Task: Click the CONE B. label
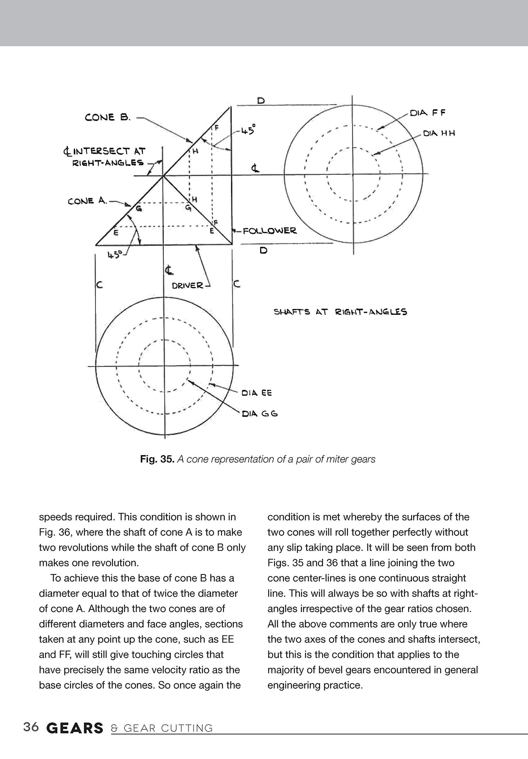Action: [x=107, y=118]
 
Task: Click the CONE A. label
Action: [x=87, y=201]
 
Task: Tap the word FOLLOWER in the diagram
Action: [x=270, y=231]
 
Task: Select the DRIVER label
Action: [x=187, y=285]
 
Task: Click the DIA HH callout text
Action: [x=439, y=134]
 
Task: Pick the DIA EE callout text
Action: [x=257, y=393]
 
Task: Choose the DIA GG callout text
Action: [x=260, y=414]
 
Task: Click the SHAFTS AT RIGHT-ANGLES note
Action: [x=340, y=312]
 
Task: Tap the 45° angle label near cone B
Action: [x=248, y=130]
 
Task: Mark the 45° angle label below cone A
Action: [x=114, y=254]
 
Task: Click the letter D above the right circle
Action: [x=261, y=100]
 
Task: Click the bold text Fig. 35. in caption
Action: [x=157, y=459]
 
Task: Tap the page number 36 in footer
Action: [x=31, y=727]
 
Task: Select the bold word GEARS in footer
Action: [x=75, y=728]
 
